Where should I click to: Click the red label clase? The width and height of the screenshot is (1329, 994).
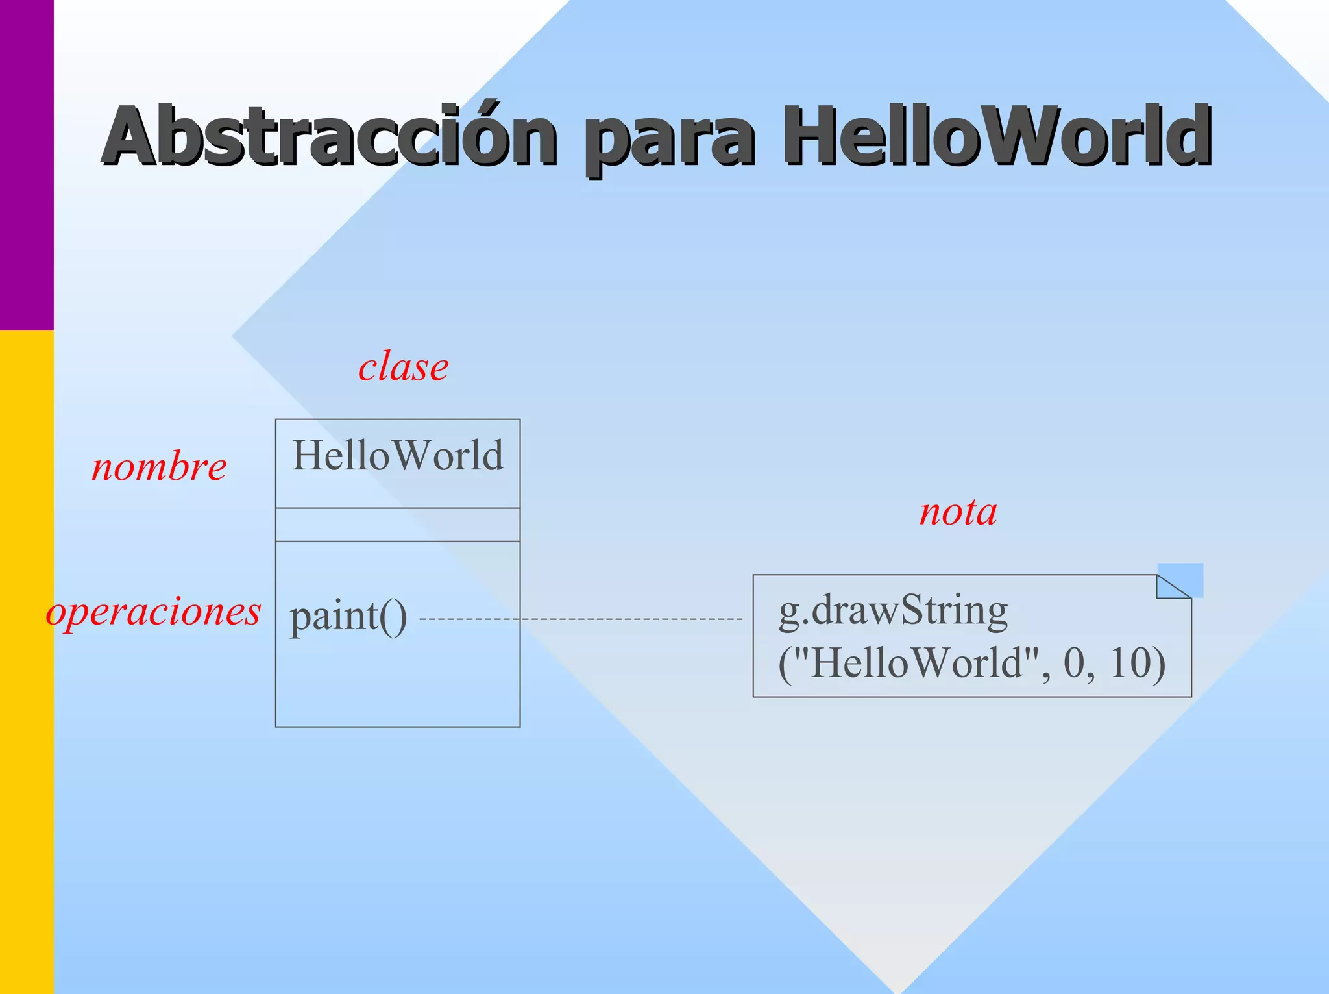403,367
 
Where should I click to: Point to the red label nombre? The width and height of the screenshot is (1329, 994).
159,467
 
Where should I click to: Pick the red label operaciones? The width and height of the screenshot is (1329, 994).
154,612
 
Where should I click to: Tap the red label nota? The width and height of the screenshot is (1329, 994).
958,513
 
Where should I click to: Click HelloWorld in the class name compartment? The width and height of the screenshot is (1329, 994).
398,456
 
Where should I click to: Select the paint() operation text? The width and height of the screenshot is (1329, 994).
348,617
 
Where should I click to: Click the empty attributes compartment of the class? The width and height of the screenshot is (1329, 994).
398,525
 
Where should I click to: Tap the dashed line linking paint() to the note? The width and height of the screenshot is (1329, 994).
584,619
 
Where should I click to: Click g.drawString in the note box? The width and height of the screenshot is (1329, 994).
893,610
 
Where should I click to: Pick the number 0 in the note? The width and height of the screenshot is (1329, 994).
1075,664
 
